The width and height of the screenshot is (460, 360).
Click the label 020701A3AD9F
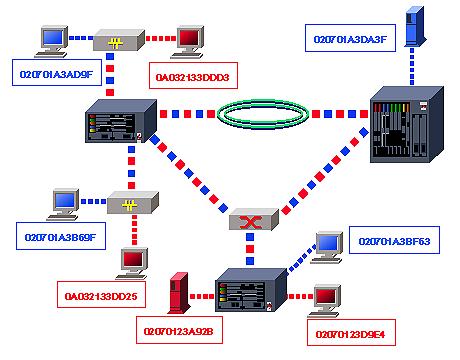click(x=57, y=74)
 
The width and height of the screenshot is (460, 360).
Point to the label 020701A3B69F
click(x=57, y=239)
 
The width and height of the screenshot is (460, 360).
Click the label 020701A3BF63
click(x=393, y=242)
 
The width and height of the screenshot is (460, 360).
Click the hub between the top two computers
click(x=116, y=43)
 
